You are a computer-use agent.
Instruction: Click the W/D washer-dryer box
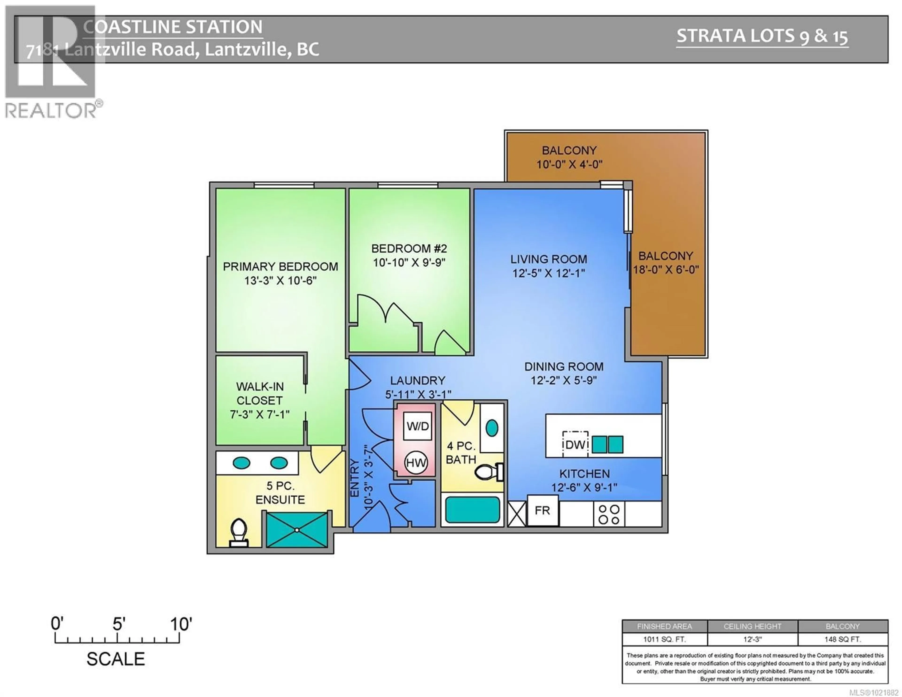418,426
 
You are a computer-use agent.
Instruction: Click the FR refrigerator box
542,511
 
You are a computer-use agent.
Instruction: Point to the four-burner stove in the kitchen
609,515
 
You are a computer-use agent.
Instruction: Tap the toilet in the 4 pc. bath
488,472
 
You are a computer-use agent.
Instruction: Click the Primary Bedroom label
280,266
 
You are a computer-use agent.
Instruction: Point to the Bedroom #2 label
409,248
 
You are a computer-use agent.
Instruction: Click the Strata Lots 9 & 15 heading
762,36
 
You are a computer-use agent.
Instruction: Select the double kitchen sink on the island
607,444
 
